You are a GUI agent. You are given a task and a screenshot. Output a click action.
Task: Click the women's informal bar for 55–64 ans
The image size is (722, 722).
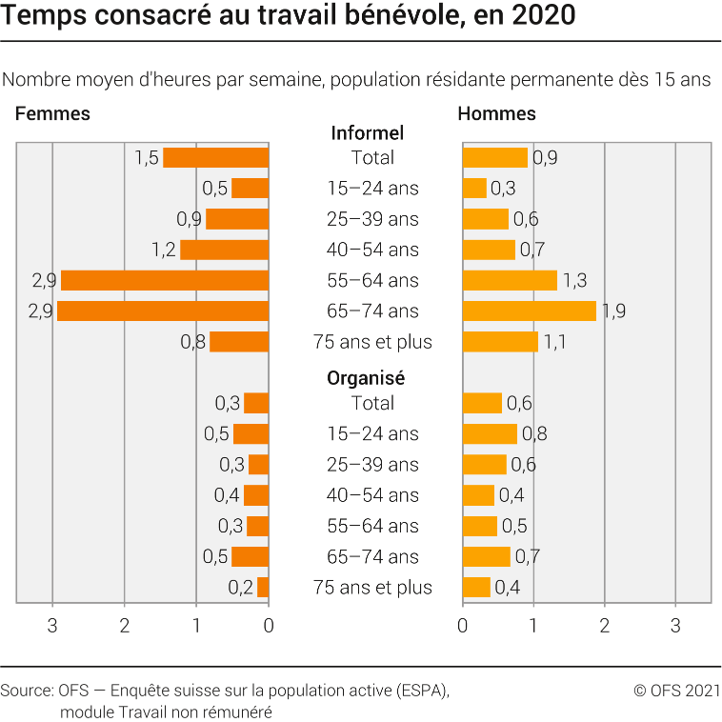coord(165,280)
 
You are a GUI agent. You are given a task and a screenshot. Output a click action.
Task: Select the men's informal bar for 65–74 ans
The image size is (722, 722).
coord(529,311)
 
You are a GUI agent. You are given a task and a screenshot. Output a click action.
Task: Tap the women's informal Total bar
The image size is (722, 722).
coord(216,157)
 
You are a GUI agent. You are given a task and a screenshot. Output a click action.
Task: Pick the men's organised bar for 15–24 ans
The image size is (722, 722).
coord(490,434)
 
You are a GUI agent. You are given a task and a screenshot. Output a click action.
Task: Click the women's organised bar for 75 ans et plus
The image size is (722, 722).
coord(263,588)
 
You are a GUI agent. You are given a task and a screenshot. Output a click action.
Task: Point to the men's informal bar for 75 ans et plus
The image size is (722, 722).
coord(500,342)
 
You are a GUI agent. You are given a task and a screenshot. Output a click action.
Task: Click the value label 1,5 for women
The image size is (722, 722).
coord(146,157)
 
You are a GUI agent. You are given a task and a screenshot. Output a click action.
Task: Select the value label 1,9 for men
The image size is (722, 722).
coord(613,311)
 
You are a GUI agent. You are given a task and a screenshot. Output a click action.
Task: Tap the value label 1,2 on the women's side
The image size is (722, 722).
coord(164,250)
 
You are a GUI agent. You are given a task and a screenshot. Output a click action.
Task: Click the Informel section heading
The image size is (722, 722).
coord(367,133)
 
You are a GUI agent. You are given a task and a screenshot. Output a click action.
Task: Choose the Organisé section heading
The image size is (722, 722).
coord(367,377)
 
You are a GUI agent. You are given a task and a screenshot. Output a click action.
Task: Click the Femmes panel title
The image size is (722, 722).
coord(52,113)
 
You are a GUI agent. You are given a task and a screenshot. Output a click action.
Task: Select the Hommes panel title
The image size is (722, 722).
coord(496,113)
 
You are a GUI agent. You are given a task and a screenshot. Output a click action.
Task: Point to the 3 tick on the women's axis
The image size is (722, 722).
coord(52,626)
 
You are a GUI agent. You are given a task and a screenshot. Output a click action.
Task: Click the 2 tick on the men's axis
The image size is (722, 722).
coord(605,626)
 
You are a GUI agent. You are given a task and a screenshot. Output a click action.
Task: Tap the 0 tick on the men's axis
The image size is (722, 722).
coord(463,626)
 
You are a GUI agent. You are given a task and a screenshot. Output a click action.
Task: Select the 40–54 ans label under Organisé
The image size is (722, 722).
coord(367,495)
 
